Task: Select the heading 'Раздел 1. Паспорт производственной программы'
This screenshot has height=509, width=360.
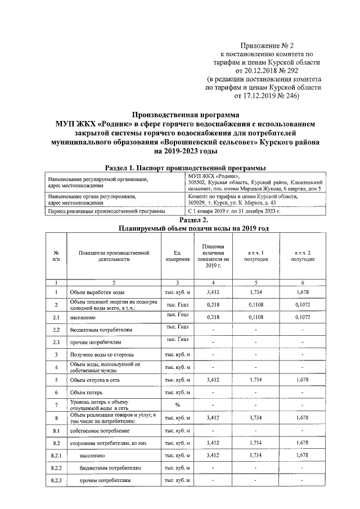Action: click(186, 168)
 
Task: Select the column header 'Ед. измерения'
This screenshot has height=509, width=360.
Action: click(177, 256)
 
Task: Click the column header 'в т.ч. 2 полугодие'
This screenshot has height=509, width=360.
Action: click(303, 256)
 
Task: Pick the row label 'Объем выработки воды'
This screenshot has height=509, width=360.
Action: click(97, 293)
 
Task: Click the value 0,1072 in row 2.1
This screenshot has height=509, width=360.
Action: click(303, 317)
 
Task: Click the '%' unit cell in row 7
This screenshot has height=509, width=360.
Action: click(177, 405)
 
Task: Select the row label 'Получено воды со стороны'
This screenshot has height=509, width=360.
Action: click(101, 355)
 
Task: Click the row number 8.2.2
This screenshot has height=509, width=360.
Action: click(56, 467)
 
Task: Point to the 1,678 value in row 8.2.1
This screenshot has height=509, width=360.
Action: click(303, 454)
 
